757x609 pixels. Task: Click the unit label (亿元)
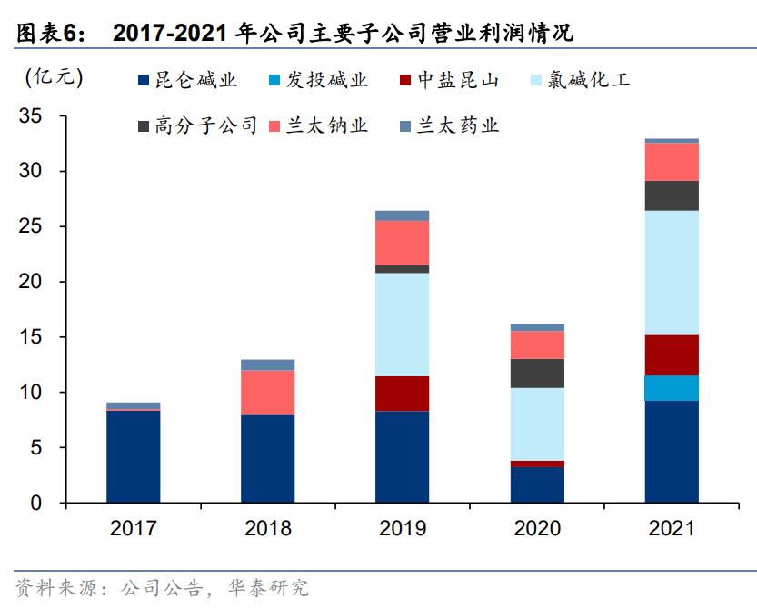54,77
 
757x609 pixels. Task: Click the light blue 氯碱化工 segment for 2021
672,273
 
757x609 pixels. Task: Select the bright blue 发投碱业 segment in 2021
672,388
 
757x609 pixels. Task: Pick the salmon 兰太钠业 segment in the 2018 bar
267,393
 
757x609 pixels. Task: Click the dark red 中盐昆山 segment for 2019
403,394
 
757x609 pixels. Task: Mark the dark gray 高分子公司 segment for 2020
537,373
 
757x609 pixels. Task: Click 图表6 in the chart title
50,35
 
